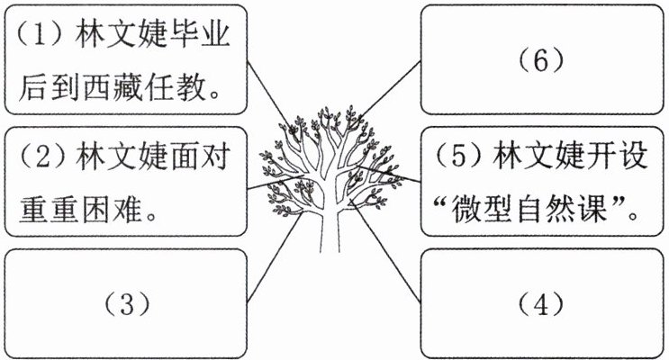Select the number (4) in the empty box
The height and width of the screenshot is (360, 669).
(541, 303)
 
